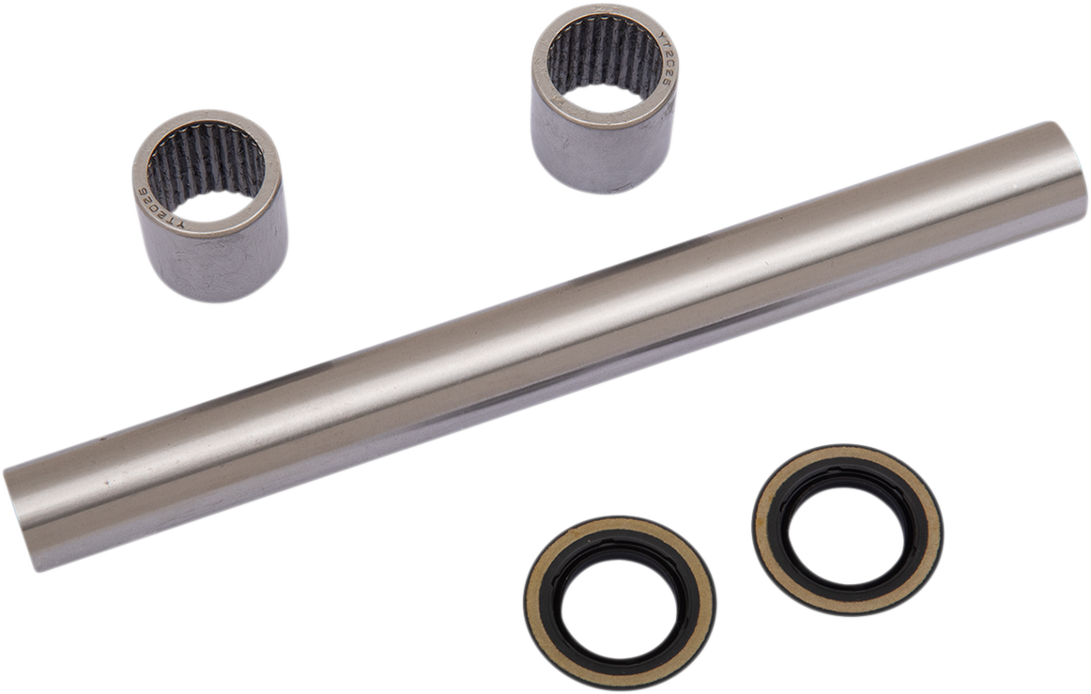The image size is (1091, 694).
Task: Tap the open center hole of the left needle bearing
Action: click(208, 205)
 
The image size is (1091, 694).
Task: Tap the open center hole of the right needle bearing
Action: click(603, 98)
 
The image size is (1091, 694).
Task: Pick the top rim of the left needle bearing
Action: click(207, 117)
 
